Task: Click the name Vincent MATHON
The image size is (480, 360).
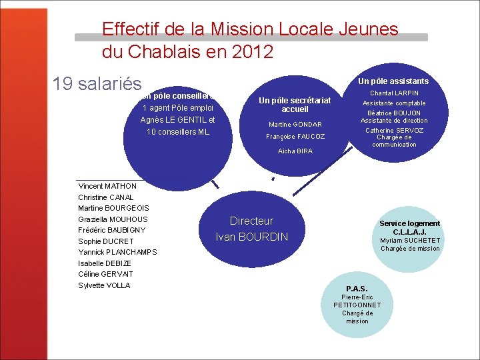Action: click(x=107, y=186)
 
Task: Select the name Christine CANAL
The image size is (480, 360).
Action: click(x=106, y=197)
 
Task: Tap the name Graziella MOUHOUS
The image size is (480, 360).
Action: click(x=113, y=219)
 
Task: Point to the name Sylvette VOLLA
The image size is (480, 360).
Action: click(x=104, y=285)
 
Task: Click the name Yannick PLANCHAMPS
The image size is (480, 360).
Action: click(x=117, y=252)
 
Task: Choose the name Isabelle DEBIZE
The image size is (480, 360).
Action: click(x=105, y=263)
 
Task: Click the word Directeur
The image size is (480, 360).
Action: click(x=251, y=221)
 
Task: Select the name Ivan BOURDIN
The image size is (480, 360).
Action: click(x=251, y=237)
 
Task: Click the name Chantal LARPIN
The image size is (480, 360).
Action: click(x=394, y=93)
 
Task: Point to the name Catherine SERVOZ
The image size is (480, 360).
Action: click(x=394, y=130)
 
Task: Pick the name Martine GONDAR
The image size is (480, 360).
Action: click(x=295, y=125)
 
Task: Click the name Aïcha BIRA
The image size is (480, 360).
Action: click(x=295, y=151)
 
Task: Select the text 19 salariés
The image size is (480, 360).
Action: click(x=97, y=84)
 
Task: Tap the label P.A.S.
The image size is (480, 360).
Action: click(x=357, y=289)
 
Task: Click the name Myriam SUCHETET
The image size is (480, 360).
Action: click(x=410, y=241)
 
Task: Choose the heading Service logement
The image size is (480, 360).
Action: click(x=410, y=223)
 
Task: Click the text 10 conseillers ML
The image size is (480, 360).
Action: click(x=178, y=132)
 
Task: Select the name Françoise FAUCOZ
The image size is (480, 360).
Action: click(x=295, y=137)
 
